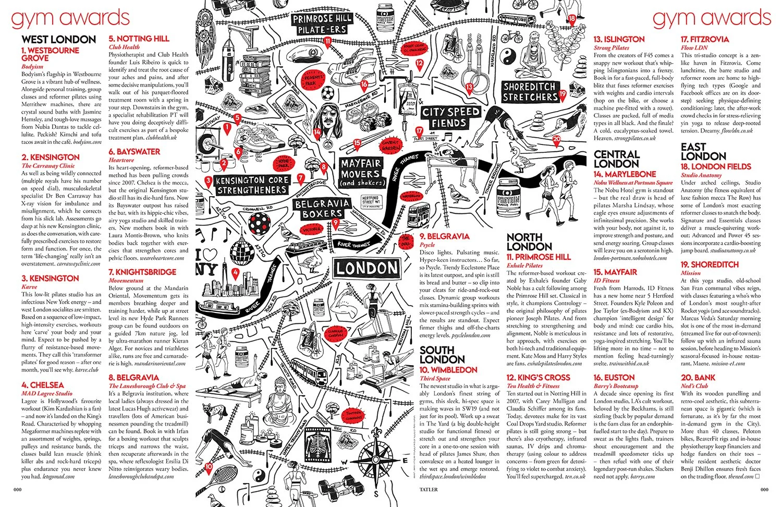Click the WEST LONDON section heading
pos(59,40)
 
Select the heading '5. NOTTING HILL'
pos(139,39)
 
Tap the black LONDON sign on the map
pos(366,269)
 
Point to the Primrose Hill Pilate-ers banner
pos(322,25)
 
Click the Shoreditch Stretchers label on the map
pos(530,92)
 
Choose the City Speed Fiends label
pos(450,117)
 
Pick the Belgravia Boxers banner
pos(322,208)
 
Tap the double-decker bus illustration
pos(419,213)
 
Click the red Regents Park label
pos(313,80)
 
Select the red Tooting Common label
pos(354,416)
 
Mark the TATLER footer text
pos(429,490)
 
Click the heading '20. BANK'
pos(698,378)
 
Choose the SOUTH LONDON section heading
pos(442,355)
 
